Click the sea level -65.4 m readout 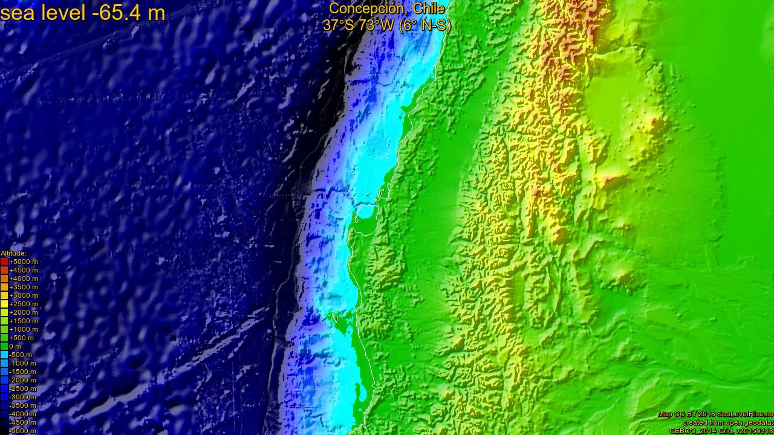coord(82,12)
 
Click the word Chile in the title coord(429,8)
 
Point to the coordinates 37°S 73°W coord(359,25)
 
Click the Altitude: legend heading coord(13,253)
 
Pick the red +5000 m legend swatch coord(4,262)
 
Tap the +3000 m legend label coord(23,295)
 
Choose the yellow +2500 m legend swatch coord(4,304)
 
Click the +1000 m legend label coord(23,329)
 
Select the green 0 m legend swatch coord(4,346)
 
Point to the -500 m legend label coord(21,355)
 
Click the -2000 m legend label coord(23,380)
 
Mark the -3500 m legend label coord(23,405)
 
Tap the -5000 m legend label coord(23,431)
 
